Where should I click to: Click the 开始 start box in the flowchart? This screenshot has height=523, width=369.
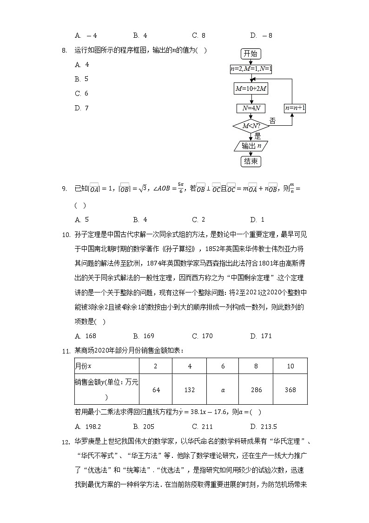pyautogui.click(x=250, y=54)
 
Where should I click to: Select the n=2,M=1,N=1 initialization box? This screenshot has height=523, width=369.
pyautogui.click(x=251, y=69)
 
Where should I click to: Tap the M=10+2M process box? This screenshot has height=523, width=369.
pyautogui.click(x=251, y=88)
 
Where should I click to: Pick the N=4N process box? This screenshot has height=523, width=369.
pyautogui.click(x=251, y=108)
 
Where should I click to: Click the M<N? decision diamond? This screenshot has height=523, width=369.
pyautogui.click(x=251, y=126)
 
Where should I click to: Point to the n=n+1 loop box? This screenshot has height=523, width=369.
pyautogui.click(x=295, y=108)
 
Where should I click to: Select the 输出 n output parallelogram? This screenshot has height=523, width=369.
pyautogui.click(x=251, y=146)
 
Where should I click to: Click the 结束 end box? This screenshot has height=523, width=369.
pyautogui.click(x=251, y=161)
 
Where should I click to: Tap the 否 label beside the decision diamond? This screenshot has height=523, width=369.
pyautogui.click(x=273, y=121)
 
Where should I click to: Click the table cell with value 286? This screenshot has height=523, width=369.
pyautogui.click(x=256, y=390)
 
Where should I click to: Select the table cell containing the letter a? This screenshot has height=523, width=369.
pyautogui.click(x=223, y=390)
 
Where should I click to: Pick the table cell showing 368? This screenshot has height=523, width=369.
pyautogui.click(x=290, y=390)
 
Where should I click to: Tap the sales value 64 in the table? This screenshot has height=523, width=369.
pyautogui.click(x=156, y=390)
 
